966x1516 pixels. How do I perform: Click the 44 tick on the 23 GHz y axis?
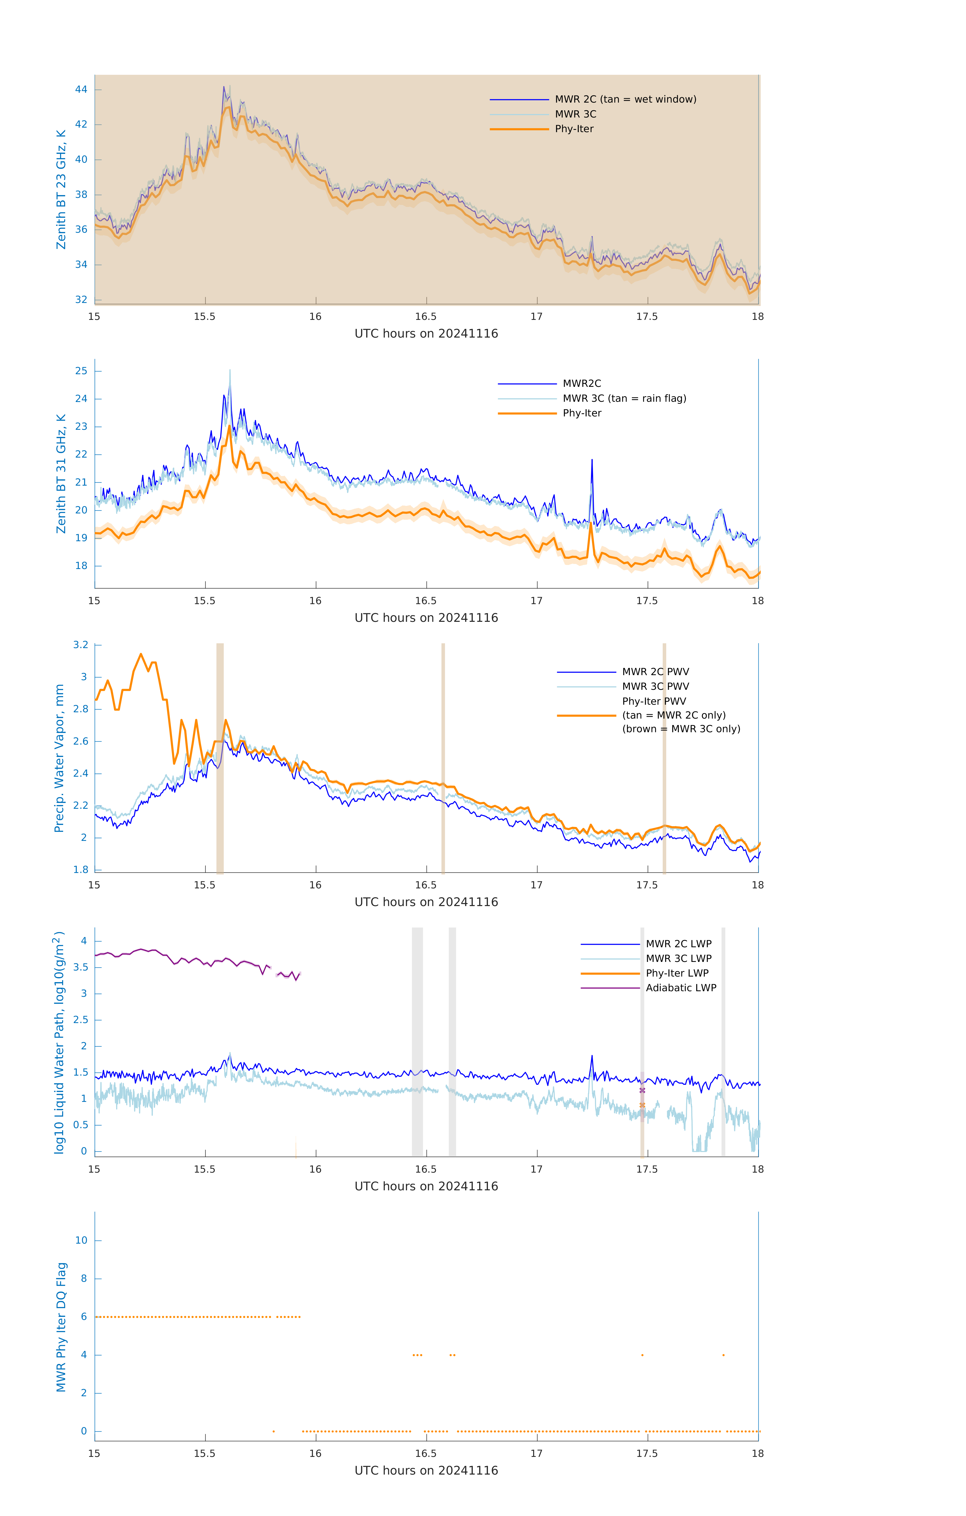pos(81,89)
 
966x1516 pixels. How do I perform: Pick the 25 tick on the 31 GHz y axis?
pos(81,371)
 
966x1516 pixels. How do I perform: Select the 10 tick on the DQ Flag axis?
pos(81,1240)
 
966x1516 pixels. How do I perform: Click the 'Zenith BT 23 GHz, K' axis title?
pos(61,189)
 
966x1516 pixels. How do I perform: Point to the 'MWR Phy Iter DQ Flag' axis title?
pos(61,1327)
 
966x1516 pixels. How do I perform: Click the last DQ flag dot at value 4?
pos(723,1355)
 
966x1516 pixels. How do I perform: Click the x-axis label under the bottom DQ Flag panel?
pos(426,1471)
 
